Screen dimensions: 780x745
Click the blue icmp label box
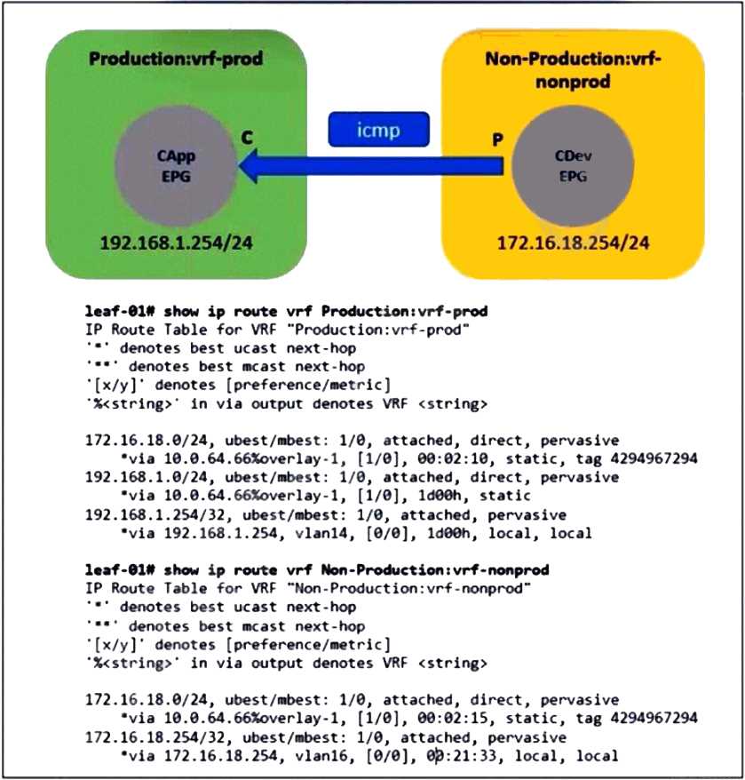[x=379, y=130]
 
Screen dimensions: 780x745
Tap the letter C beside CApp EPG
[x=248, y=139]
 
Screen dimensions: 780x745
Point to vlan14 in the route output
[x=267, y=534]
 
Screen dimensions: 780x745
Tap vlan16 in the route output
[x=267, y=756]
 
